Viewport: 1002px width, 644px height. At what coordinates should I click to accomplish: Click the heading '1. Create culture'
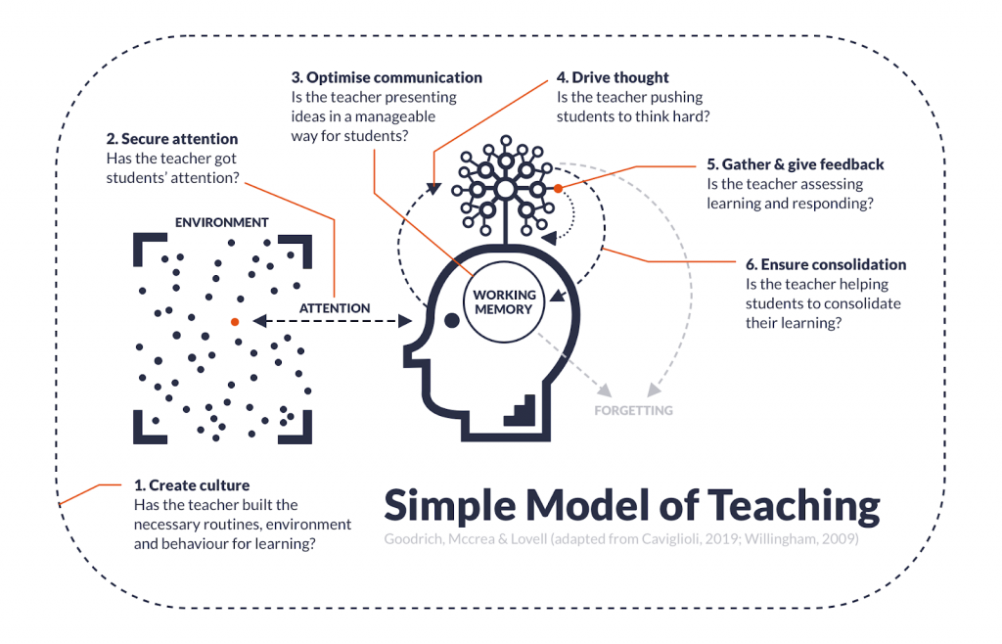pyautogui.click(x=192, y=485)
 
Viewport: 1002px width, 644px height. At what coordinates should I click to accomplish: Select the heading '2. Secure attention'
pyautogui.click(x=172, y=139)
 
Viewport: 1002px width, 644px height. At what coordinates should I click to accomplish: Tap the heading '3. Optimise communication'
pyautogui.click(x=387, y=78)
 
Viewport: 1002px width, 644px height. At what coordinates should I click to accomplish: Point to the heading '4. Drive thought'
pyautogui.click(x=613, y=78)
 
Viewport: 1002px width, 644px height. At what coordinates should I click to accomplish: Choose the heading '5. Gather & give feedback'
pyautogui.click(x=795, y=164)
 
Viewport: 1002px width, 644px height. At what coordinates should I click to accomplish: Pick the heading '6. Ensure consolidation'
pyautogui.click(x=826, y=264)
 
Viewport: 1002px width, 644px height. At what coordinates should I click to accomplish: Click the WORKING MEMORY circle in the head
pyautogui.click(x=504, y=301)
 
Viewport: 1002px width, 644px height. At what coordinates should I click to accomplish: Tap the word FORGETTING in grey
pyautogui.click(x=633, y=411)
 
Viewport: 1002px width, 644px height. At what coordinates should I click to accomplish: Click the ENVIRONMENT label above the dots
pyautogui.click(x=222, y=222)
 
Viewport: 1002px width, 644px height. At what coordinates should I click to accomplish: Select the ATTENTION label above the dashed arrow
pyautogui.click(x=335, y=308)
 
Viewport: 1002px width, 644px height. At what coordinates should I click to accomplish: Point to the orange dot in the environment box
pyautogui.click(x=235, y=322)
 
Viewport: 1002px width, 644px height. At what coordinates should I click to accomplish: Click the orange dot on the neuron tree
pyautogui.click(x=558, y=189)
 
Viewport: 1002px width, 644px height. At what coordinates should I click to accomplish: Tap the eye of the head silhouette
pyautogui.click(x=452, y=321)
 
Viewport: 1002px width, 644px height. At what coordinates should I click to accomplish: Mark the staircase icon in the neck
pyautogui.click(x=522, y=411)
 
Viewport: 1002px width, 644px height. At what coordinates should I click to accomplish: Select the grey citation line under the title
pyautogui.click(x=621, y=539)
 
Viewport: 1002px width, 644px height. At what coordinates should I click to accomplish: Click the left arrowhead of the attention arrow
pyautogui.click(x=259, y=321)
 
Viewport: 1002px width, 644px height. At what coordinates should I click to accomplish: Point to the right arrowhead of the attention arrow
pyautogui.click(x=405, y=321)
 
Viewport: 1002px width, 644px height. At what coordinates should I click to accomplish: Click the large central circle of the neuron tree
pyautogui.click(x=506, y=189)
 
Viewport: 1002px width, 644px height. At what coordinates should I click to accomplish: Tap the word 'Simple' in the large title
pyautogui.click(x=450, y=507)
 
